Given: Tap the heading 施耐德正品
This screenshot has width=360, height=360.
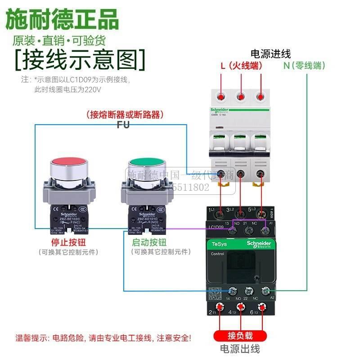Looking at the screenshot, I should pyautogui.click(x=62, y=20).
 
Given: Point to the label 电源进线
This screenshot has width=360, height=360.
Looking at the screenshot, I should pyautogui.click(x=270, y=54).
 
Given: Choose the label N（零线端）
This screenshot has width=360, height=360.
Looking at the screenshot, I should pyautogui.click(x=304, y=66).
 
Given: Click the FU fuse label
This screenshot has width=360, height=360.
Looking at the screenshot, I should pyautogui.click(x=123, y=125).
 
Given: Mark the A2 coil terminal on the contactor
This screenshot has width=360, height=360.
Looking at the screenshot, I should pyautogui.click(x=265, y=291).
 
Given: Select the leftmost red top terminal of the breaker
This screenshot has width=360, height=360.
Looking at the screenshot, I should pyautogui.click(x=221, y=96).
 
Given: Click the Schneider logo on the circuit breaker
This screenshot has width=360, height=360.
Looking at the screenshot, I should pyautogui.click(x=219, y=111).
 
